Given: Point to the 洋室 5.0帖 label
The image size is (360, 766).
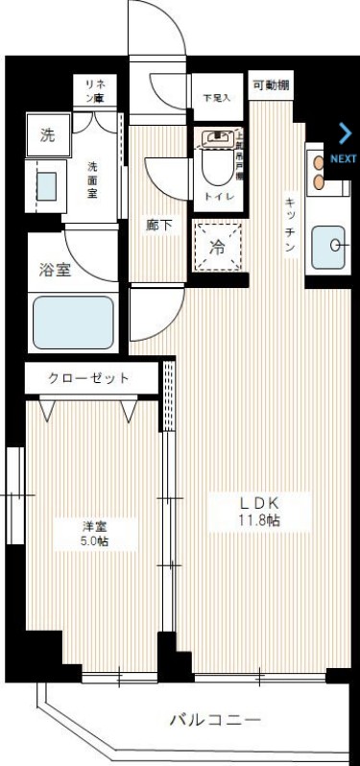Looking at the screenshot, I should pos(94,534).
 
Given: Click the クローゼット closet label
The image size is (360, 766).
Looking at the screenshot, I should pos(88,377).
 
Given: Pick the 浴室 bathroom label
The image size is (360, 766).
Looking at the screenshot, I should pos(55,270).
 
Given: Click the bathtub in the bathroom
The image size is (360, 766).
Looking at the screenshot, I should pos(74,322).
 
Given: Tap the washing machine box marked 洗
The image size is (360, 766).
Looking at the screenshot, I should pos(47,135).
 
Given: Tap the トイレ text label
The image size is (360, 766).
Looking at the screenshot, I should pos(216,196).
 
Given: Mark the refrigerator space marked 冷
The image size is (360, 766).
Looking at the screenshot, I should pos(217,247).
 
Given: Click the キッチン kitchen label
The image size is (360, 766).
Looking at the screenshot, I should pos(289,226).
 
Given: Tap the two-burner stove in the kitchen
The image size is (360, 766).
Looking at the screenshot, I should pos(319,172).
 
